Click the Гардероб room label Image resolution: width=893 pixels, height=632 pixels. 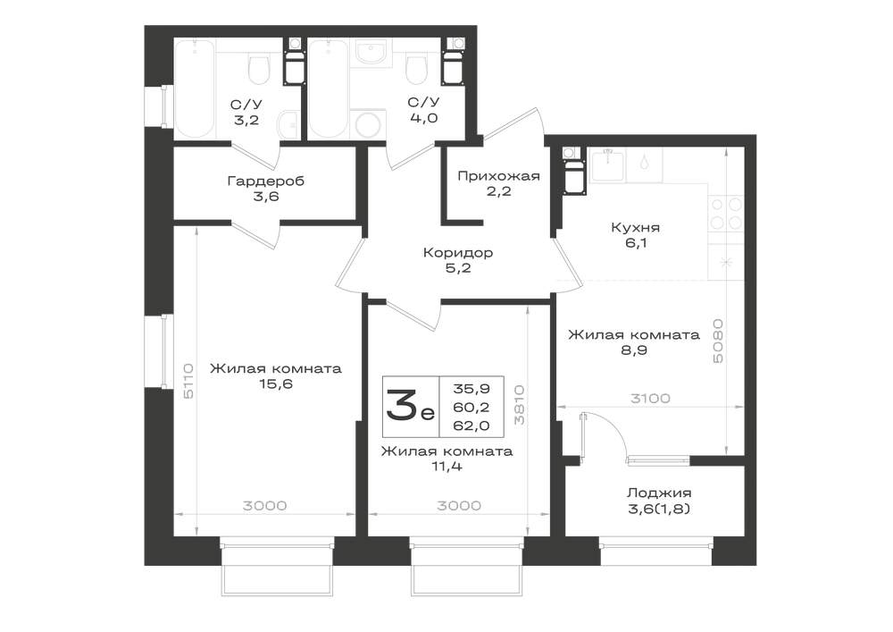pyautogui.click(x=265, y=181)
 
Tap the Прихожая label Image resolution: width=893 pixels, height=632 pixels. pyautogui.click(x=498, y=175)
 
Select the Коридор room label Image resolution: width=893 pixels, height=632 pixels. pyautogui.click(x=458, y=252)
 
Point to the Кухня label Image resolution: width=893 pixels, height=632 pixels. pyautogui.click(x=635, y=227)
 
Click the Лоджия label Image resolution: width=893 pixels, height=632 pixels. pyautogui.click(x=659, y=493)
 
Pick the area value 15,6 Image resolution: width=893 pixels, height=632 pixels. pyautogui.click(x=276, y=383)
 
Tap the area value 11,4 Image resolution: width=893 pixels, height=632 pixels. pyautogui.click(x=446, y=467)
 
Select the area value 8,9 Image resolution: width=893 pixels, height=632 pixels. pyautogui.click(x=634, y=350)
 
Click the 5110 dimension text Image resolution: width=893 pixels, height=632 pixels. pyautogui.click(x=188, y=381)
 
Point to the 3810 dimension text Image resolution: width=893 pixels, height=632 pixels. pyautogui.click(x=519, y=405)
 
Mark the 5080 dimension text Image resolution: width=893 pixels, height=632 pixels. pyautogui.click(x=718, y=341)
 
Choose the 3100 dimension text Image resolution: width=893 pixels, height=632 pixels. pyautogui.click(x=650, y=399)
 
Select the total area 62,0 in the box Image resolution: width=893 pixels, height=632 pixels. pyautogui.click(x=471, y=426)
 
